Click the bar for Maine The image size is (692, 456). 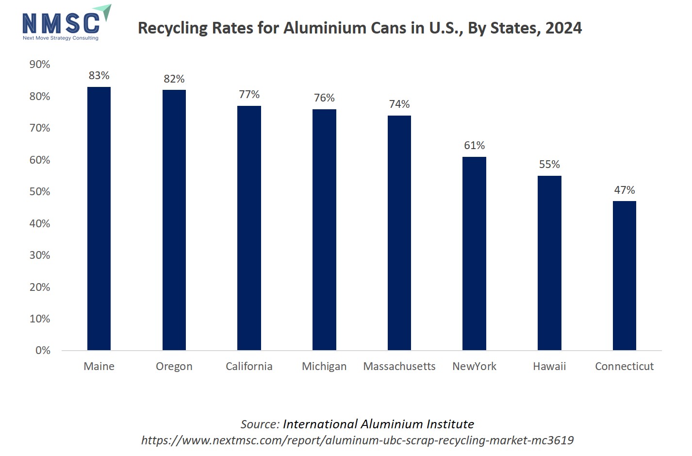[x=99, y=219]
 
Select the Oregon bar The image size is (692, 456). [x=174, y=220]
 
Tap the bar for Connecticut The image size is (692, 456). [x=625, y=275]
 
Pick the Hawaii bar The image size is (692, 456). [x=549, y=263]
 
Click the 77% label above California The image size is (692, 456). [x=249, y=95]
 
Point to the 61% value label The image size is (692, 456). [x=474, y=146]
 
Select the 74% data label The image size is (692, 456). [x=399, y=104]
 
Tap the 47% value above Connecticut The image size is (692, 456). [x=625, y=190]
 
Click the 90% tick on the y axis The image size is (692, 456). [x=40, y=65]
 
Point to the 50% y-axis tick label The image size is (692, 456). [x=40, y=192]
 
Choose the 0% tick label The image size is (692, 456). [x=43, y=351]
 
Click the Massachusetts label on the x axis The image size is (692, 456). [x=399, y=367]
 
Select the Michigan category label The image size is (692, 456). [x=324, y=367]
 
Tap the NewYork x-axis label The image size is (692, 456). [x=474, y=367]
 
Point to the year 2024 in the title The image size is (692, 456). [x=563, y=28]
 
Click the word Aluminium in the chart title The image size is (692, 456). [x=325, y=28]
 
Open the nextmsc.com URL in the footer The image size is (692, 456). [x=357, y=440]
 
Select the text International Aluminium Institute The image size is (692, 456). [x=379, y=424]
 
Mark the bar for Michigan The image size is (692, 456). [x=324, y=230]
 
